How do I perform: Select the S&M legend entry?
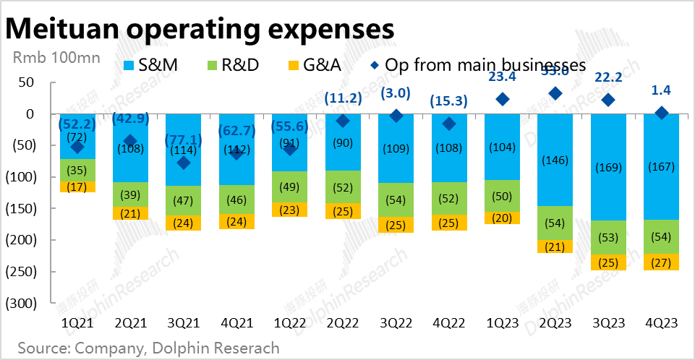coord(145,64)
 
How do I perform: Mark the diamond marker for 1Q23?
coord(502,99)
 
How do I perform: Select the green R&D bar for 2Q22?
coord(343,187)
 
